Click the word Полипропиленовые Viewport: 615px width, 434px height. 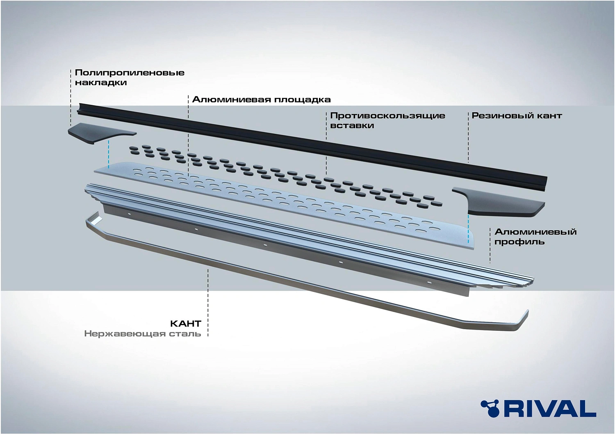tap(130, 73)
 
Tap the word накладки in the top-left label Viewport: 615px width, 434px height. tap(101, 83)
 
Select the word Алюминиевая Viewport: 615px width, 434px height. tap(232, 99)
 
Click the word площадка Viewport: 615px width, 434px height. tap(303, 99)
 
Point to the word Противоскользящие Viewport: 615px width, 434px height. tap(388, 116)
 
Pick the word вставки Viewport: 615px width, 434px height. tap(352, 126)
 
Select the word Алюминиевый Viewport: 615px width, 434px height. tap(535, 232)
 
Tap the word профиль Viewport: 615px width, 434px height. tap(519, 242)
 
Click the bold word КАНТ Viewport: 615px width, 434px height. tap(186, 324)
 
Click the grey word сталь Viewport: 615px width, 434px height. tap(185, 334)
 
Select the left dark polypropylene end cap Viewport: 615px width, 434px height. tap(102, 133)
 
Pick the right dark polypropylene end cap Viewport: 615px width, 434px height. tap(498, 202)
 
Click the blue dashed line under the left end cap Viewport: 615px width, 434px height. tap(109, 154)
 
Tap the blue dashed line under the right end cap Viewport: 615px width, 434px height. tap(468, 228)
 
